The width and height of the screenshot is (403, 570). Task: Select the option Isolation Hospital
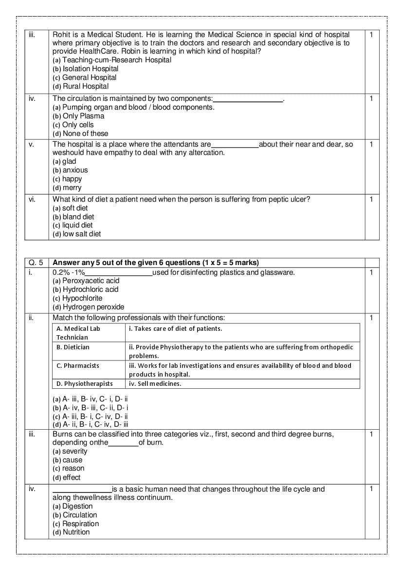(86, 69)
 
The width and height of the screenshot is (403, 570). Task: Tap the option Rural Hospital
(81, 86)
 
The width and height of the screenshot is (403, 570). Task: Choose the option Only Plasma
(78, 116)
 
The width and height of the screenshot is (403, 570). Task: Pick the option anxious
(71, 170)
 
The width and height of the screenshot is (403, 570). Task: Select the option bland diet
(73, 216)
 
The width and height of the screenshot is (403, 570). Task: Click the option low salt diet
(77, 234)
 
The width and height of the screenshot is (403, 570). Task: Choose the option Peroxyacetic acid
(86, 281)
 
